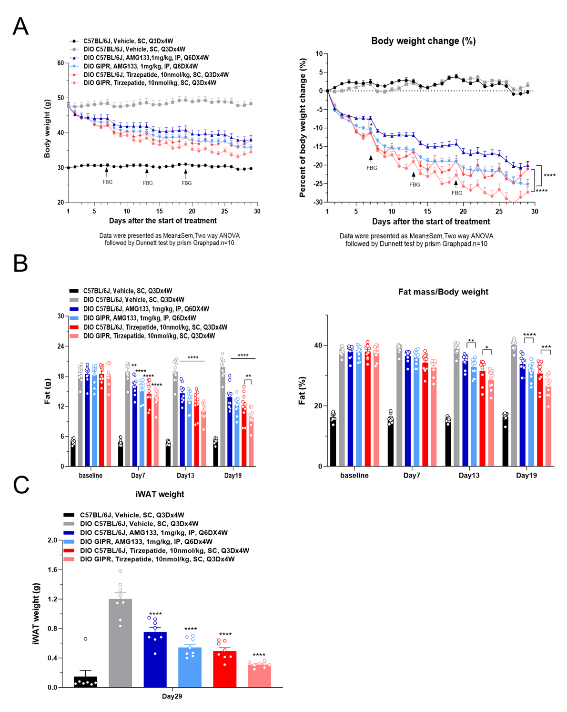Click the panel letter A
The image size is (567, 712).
click(x=20, y=26)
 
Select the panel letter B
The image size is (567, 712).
click(x=20, y=263)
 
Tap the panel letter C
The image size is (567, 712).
click(x=21, y=485)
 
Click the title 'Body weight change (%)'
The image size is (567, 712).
click(x=423, y=41)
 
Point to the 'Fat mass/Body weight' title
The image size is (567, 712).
click(x=443, y=292)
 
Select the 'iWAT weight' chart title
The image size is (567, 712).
click(x=160, y=494)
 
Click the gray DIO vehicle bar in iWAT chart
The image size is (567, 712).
click(x=121, y=643)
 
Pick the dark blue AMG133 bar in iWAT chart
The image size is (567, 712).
click(x=155, y=660)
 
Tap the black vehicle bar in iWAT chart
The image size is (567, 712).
click(x=86, y=682)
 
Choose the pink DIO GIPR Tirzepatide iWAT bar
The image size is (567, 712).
click(x=260, y=676)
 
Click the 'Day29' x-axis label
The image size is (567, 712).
click(x=172, y=696)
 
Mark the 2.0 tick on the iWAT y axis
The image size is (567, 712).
click(x=52, y=540)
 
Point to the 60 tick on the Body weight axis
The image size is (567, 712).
click(x=61, y=63)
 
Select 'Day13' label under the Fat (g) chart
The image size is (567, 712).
click(x=185, y=475)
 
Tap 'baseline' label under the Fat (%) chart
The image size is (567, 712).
click(x=354, y=475)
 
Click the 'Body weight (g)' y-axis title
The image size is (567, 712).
click(x=47, y=129)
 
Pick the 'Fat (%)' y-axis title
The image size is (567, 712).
click(x=302, y=391)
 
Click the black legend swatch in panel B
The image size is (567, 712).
click(x=73, y=291)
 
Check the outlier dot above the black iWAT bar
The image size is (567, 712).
click(x=86, y=639)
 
